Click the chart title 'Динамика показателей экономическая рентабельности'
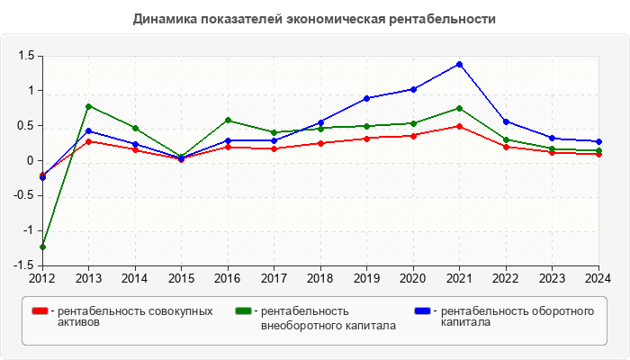(314, 18)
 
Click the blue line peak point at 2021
(459, 64)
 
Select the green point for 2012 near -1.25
(42, 247)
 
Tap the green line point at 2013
(88, 106)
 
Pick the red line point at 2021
(459, 126)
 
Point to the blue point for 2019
(366, 98)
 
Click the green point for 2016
(228, 120)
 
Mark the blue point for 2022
(506, 121)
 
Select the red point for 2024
(598, 154)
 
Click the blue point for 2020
(413, 89)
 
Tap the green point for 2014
(135, 128)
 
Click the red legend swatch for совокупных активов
(40, 310)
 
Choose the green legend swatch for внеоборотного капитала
(242, 310)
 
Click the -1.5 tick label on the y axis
(22, 266)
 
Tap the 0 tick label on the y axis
(30, 161)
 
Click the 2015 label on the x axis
(181, 278)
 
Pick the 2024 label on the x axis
(598, 278)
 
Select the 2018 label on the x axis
(320, 278)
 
